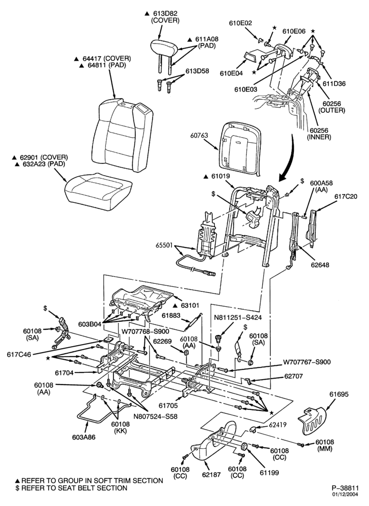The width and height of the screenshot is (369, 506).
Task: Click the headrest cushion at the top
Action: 164,48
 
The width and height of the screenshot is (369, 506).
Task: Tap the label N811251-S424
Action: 237,318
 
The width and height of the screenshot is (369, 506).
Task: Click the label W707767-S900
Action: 307,362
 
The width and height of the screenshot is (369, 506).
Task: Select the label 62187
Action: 211,475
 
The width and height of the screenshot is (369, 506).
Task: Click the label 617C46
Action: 19,354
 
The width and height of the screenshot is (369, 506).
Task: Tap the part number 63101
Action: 189,305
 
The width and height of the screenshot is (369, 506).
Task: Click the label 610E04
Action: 231,73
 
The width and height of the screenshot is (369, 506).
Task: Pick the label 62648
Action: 320,265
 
